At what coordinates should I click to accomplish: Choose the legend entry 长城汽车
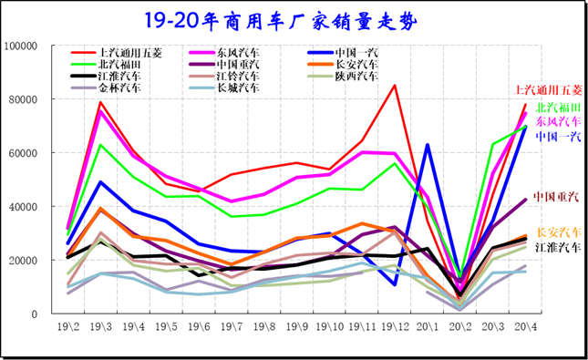coord(242,89)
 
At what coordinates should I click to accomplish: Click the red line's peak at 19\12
coord(395,86)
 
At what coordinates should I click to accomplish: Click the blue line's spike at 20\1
coord(428,145)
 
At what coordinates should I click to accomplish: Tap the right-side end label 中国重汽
coord(557,197)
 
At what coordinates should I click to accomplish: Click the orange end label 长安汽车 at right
coord(557,232)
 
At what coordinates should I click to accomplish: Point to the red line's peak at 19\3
coord(100,102)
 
